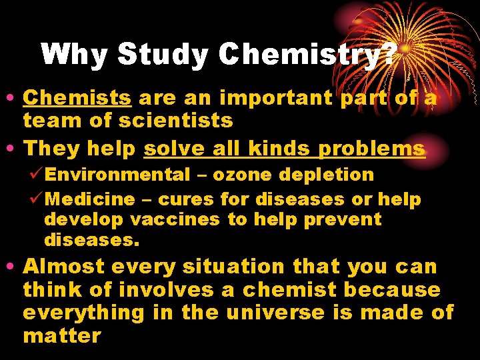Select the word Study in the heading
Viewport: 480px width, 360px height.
pos(163,55)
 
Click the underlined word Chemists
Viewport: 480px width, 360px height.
pos(77,98)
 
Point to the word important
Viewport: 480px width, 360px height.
pos(277,98)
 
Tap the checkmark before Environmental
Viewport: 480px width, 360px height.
pos(37,175)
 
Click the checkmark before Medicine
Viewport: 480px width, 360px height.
pos(37,199)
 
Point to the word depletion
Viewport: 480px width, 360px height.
pos(326,175)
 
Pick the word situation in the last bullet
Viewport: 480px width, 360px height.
pos(233,267)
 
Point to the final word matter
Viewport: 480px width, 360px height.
pos(61,335)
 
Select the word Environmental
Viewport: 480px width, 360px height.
pos(118,175)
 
